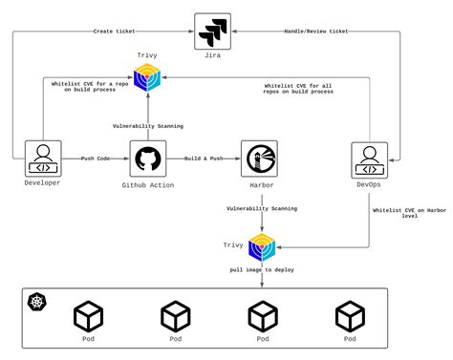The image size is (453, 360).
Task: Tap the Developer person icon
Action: coord(42,158)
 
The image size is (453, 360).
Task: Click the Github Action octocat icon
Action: coord(147,158)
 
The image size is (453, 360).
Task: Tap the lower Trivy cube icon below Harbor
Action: coord(262,246)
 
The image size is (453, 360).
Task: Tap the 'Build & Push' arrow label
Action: coord(204,158)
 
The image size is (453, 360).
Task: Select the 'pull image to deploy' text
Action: coord(261,270)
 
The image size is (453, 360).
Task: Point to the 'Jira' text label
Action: coord(212,56)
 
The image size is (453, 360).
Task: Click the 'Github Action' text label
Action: coord(147,183)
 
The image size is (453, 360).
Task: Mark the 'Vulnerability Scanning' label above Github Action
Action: coord(147,125)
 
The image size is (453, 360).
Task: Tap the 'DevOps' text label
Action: coord(368,183)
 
